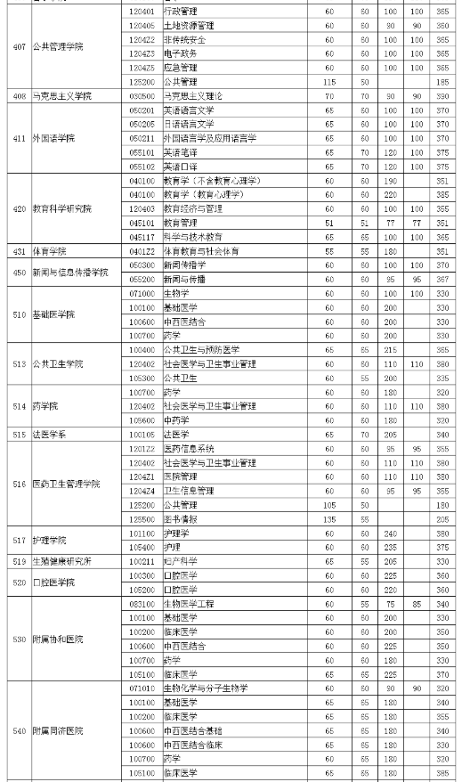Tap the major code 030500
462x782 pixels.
coord(142,95)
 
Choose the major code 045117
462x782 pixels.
coord(142,237)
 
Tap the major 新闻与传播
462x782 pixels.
coord(184,279)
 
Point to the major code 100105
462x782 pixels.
coord(142,434)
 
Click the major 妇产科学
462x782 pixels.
coord(180,561)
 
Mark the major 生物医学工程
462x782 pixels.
coord(189,603)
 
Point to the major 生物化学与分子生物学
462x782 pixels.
coord(206,688)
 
